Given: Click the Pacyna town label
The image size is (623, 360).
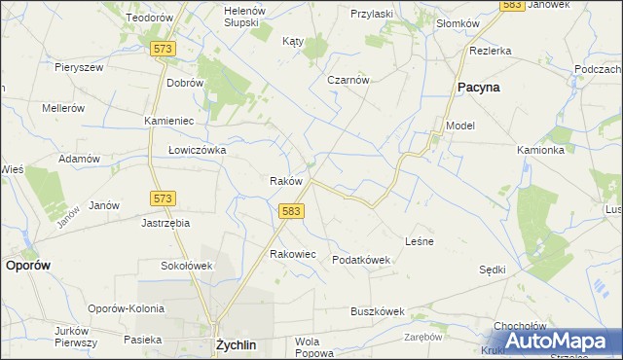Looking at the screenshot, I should click(479, 88).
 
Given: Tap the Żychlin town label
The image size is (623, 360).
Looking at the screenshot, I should click(235, 344).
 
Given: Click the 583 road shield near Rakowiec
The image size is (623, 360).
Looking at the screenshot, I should click(289, 210).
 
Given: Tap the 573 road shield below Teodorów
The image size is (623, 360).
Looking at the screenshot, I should click(163, 48).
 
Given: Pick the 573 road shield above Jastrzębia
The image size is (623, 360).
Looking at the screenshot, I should click(163, 198).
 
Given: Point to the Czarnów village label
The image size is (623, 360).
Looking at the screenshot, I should click(348, 80).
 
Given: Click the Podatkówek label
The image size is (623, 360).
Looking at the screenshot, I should click(360, 260).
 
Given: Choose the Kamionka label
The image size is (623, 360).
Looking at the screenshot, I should click(540, 150).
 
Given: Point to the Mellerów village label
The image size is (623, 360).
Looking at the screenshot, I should click(64, 108).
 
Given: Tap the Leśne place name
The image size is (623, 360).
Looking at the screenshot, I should click(419, 240).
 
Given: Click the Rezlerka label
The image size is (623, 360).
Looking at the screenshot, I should click(490, 50).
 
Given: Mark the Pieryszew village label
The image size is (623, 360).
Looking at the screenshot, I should click(79, 67).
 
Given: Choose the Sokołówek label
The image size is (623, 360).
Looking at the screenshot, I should click(186, 265).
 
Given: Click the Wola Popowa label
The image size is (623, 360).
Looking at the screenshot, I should click(307, 347).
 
